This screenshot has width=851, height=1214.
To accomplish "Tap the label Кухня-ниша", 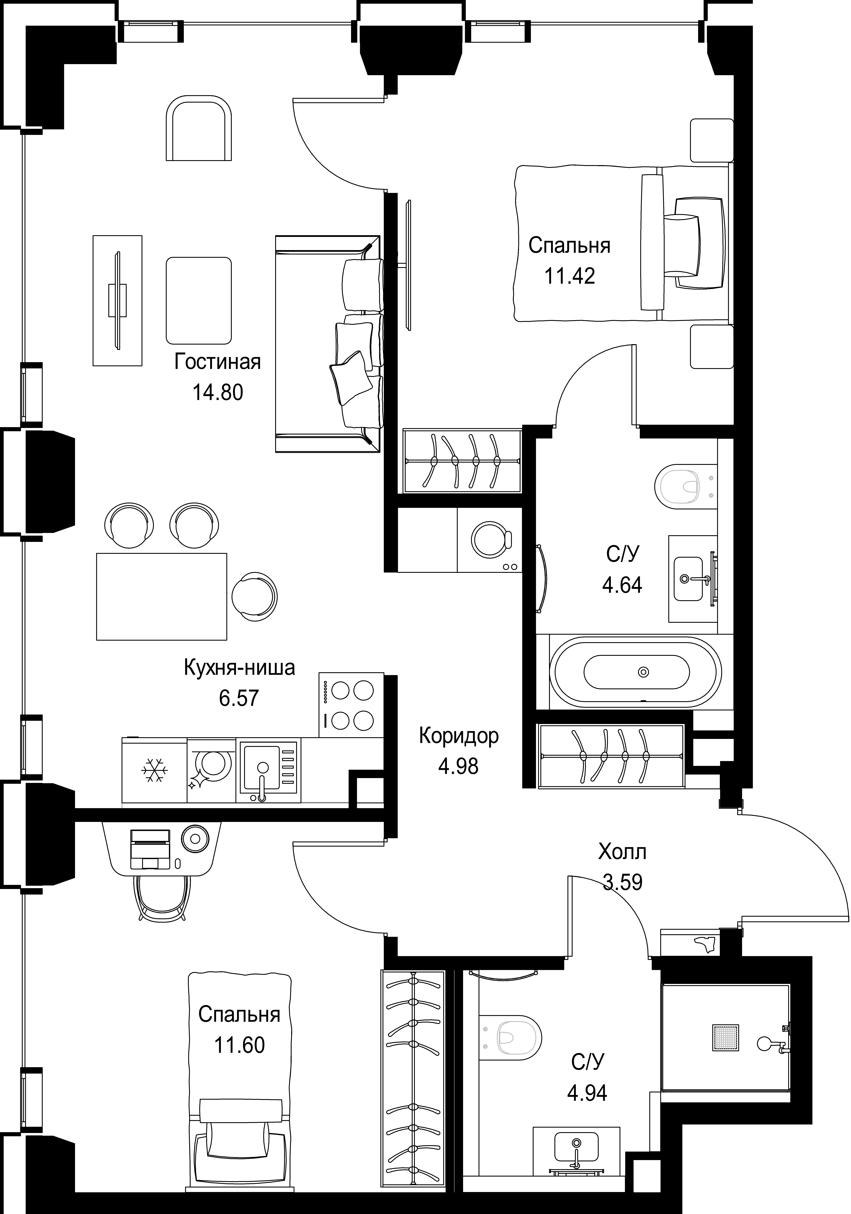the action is click(239, 668).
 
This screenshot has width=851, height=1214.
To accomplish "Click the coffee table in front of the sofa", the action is click(199, 300).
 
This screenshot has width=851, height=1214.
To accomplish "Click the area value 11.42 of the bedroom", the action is click(570, 276).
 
